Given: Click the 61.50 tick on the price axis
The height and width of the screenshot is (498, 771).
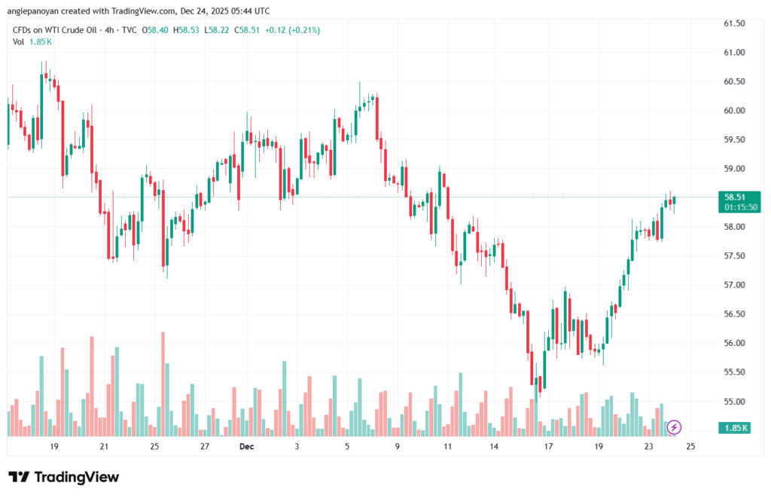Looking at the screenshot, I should point(734,23).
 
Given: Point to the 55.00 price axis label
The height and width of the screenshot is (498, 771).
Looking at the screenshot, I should point(734,402).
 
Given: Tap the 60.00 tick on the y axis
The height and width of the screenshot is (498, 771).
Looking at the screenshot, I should point(734,111).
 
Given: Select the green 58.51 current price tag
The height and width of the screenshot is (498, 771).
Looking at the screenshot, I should point(734,197).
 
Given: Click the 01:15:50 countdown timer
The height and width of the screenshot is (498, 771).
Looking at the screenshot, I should point(741,206).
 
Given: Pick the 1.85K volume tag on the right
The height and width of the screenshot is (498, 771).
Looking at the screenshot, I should point(735,428).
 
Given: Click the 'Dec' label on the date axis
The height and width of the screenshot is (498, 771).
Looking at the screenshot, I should point(245,447).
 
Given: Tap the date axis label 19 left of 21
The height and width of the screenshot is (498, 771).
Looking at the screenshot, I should point(54,447).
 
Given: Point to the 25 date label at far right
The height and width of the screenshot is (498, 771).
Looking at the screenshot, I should point(690,447).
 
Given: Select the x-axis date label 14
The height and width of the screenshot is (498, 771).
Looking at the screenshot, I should point(494,447).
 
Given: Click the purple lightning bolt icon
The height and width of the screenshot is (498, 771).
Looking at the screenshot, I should point(675,427).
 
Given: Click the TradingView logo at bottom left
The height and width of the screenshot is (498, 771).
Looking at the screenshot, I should point(63,477).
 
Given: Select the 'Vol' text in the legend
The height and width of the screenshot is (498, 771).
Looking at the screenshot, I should point(19,41).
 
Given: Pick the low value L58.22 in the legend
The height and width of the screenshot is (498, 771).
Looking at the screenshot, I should point(219,30).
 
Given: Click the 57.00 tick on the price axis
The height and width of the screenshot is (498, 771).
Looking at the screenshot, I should point(734,285).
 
